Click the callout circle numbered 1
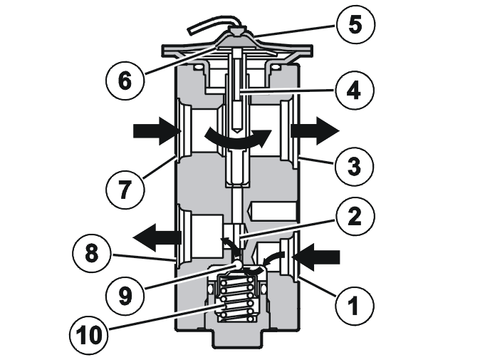(355, 305)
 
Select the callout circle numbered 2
(355, 216)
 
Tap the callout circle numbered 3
(355, 166)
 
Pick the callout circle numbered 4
(355, 90)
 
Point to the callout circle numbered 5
(355, 24)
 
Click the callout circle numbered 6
(125, 81)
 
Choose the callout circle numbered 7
(125, 189)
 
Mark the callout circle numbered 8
(92, 253)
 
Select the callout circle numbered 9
(125, 296)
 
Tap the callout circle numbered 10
(88, 334)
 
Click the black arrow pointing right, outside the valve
(315, 131)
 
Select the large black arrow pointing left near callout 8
(157, 237)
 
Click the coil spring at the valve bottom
(236, 298)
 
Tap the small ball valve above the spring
(238, 264)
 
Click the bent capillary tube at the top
(214, 26)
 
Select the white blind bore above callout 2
(273, 211)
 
